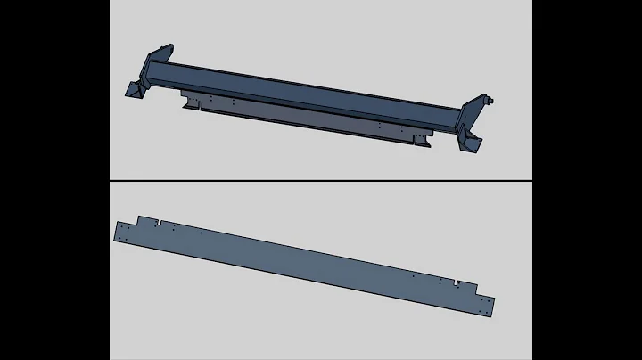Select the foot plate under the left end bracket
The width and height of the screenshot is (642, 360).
134,92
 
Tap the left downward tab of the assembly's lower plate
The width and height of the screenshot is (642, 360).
187,104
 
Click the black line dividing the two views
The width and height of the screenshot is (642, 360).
321,181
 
